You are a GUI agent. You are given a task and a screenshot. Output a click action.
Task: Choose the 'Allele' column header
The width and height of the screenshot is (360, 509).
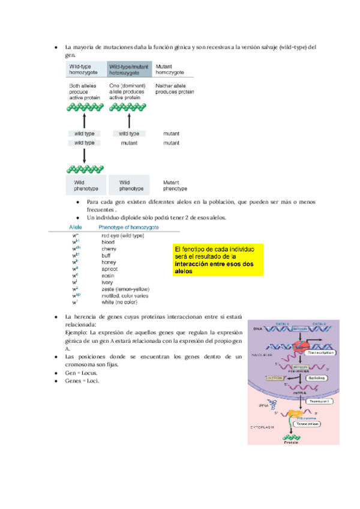[76, 228]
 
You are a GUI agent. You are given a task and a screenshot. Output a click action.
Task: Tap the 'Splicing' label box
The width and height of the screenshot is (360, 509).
[318, 378]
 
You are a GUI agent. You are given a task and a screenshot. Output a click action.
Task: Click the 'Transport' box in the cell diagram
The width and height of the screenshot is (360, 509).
[317, 401]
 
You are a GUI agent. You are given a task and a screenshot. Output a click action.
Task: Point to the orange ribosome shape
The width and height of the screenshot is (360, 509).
[295, 414]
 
